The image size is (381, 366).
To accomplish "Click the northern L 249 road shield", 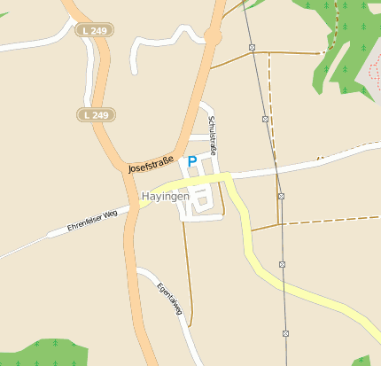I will click(94, 30).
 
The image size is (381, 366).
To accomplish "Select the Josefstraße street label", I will click(151, 163).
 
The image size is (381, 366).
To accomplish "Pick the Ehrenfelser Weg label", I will click(92, 222).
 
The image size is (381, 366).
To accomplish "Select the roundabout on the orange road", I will click(213, 35).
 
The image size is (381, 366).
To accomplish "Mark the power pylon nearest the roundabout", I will click(253, 46).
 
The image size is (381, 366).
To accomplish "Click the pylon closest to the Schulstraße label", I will click(265, 118).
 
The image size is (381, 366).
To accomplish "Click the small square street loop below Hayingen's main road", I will click(202, 203).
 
